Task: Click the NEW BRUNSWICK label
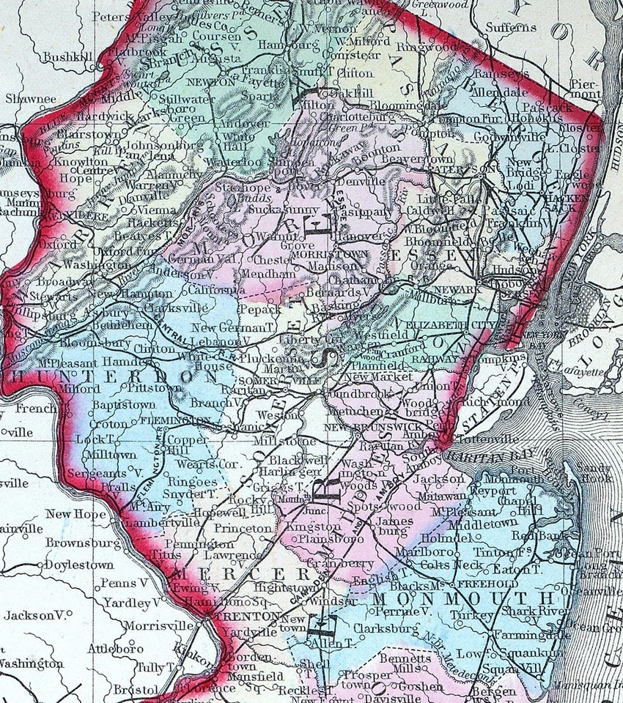click(368, 426)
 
